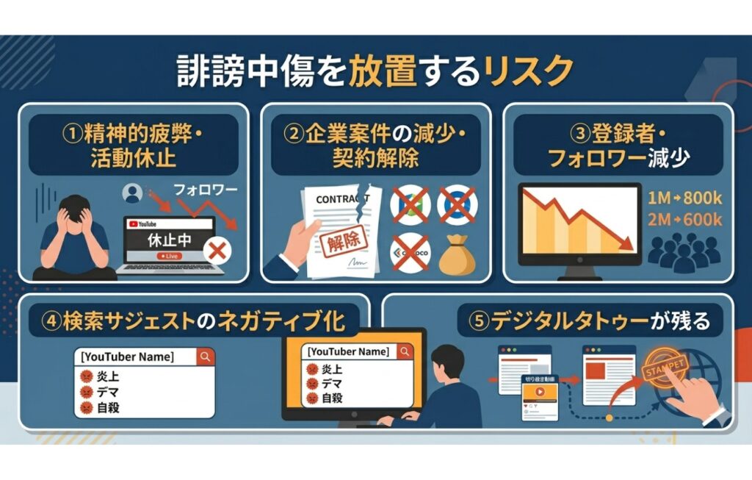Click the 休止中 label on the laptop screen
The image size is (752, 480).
point(170,239)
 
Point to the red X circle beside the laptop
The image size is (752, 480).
point(217,251)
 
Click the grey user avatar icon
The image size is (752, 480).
point(133,193)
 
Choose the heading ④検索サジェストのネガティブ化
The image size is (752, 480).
point(195,320)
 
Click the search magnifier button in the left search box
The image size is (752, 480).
point(206,357)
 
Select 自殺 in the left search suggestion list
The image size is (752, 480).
point(108,406)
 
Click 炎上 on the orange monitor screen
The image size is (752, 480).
point(332,370)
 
